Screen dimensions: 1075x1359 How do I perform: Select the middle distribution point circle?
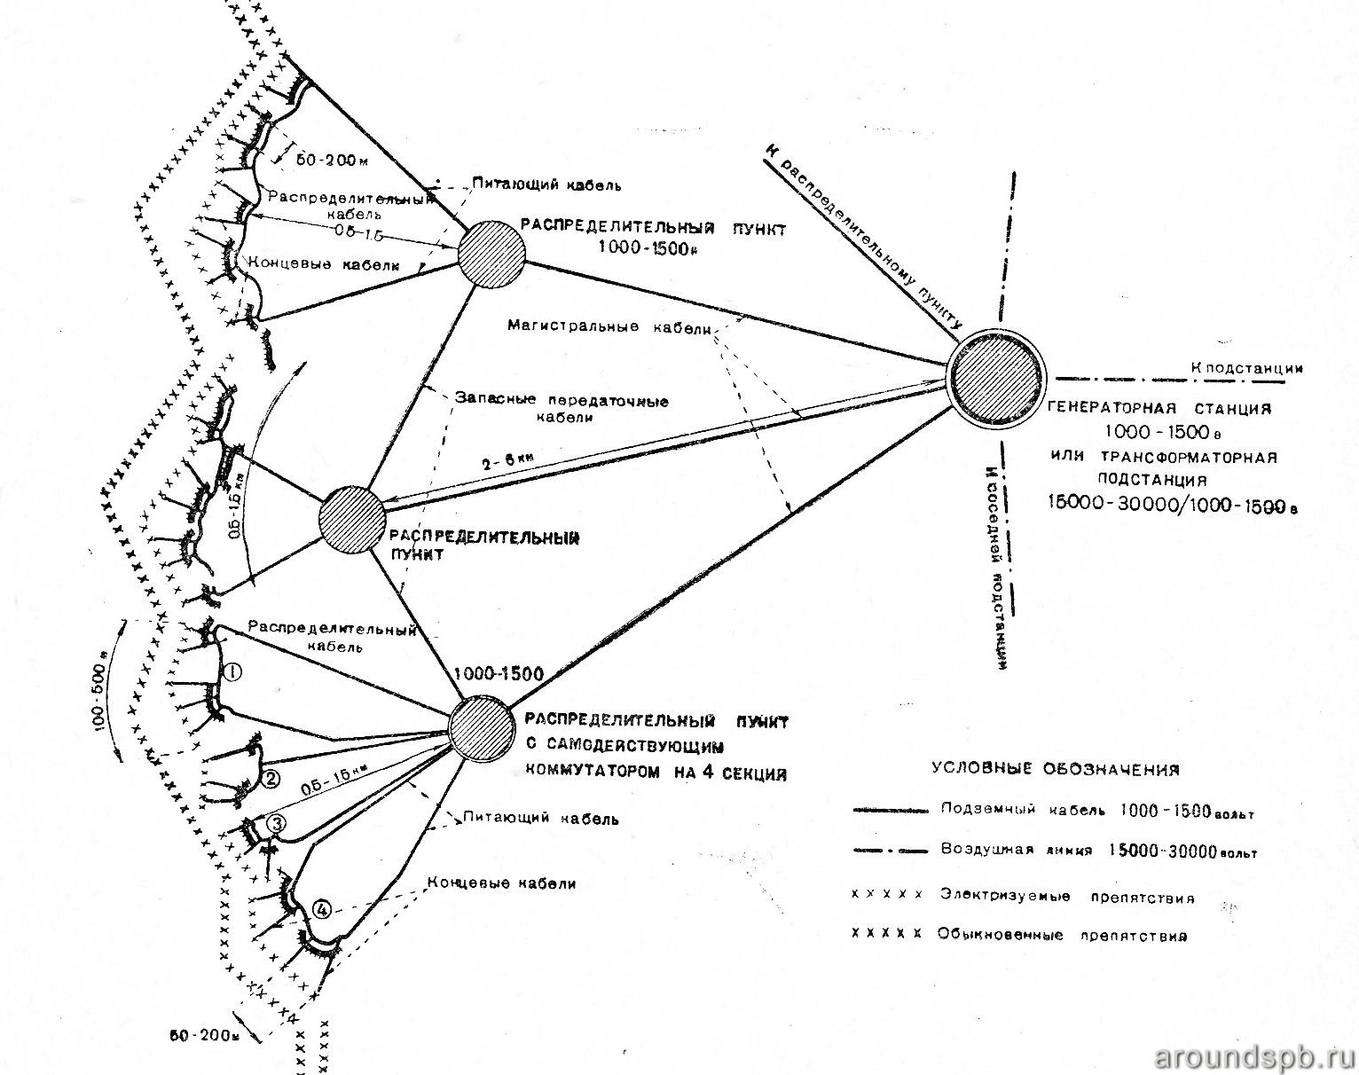(352, 521)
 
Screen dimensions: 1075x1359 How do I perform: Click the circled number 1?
(232, 671)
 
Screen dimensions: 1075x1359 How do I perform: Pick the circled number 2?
(271, 780)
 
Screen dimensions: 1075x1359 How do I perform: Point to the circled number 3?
(276, 824)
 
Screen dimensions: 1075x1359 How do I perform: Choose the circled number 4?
(322, 909)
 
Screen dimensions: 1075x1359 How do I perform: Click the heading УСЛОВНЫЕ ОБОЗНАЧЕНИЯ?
(1056, 769)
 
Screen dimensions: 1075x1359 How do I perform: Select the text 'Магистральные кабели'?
(609, 326)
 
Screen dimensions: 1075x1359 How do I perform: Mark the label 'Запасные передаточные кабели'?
(561, 409)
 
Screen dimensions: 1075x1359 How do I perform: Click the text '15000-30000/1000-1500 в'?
(1169, 503)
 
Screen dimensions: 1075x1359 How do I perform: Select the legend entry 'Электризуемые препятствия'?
(1067, 897)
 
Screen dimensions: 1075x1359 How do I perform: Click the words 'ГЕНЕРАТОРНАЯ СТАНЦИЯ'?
(1160, 409)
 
